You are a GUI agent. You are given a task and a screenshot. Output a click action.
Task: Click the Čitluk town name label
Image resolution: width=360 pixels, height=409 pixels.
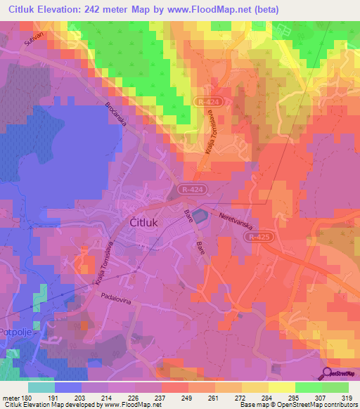pyautogui.click(x=148, y=222)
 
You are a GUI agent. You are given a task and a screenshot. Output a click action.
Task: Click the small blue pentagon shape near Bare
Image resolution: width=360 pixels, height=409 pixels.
pyautogui.click(x=201, y=215)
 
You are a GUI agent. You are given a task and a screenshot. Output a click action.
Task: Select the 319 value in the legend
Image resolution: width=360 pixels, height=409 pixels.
pyautogui.click(x=347, y=397)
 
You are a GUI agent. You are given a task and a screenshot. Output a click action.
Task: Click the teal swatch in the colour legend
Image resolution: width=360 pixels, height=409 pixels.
pyautogui.click(x=41, y=387)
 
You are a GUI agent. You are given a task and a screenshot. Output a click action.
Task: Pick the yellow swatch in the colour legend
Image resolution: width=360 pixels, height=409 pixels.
pyautogui.click(x=282, y=387)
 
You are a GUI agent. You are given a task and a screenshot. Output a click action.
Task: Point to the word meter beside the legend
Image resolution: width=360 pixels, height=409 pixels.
pyautogui.click(x=9, y=397)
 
